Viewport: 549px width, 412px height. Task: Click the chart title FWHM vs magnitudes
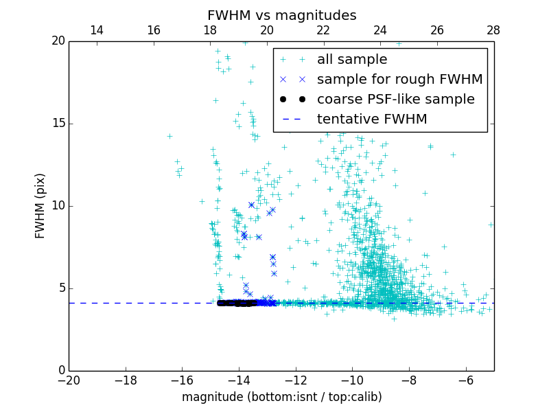(x=281, y=15)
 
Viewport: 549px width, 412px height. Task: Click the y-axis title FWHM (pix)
(x=40, y=205)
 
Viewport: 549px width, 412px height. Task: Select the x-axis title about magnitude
(x=281, y=397)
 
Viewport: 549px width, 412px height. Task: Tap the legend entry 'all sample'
(x=352, y=60)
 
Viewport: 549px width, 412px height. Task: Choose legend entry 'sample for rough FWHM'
(x=400, y=80)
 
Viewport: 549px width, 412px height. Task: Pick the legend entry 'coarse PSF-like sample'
(x=396, y=100)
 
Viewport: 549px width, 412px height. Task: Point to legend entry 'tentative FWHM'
(x=372, y=119)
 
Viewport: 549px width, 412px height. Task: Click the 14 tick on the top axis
(x=97, y=30)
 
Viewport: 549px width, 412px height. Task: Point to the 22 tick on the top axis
(x=324, y=30)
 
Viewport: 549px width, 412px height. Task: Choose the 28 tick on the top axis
(x=493, y=30)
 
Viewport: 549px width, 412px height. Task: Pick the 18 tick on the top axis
(x=211, y=30)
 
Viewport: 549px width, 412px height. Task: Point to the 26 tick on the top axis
(x=437, y=30)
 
